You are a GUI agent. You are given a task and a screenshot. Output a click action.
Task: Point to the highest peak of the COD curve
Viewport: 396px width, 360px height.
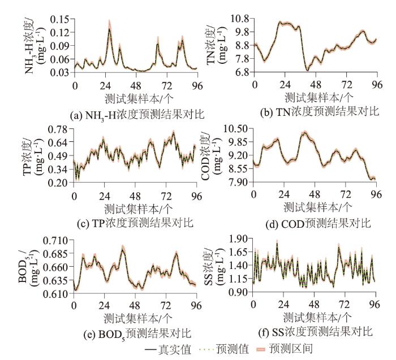click(x=304, y=133)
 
